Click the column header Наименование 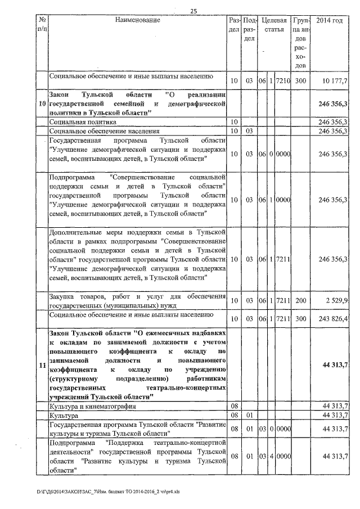click(137, 21)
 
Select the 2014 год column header click(330, 21)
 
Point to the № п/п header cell click(41, 25)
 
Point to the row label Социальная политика click(83, 121)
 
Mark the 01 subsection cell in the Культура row click(250, 415)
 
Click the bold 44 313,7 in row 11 click(335, 366)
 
